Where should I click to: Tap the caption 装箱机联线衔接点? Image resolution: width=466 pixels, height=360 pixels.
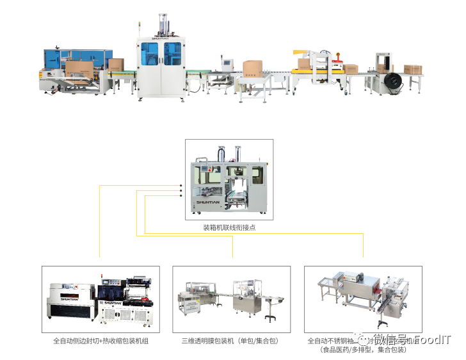pyautogui.click(x=229, y=227)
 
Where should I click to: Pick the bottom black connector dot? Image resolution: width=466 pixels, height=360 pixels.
pyautogui.click(x=181, y=196)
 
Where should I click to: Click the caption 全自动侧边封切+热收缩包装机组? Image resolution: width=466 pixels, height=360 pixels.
pyautogui.click(x=100, y=341)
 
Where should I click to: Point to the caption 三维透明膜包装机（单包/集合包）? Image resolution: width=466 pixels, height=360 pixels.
pyautogui.click(x=231, y=341)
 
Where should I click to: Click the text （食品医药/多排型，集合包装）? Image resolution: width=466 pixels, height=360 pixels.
pyautogui.click(x=363, y=350)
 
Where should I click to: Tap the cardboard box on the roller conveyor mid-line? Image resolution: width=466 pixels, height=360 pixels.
pyautogui.click(x=252, y=67)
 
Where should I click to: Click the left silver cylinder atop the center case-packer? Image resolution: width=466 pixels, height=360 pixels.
pyautogui.click(x=220, y=154)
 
